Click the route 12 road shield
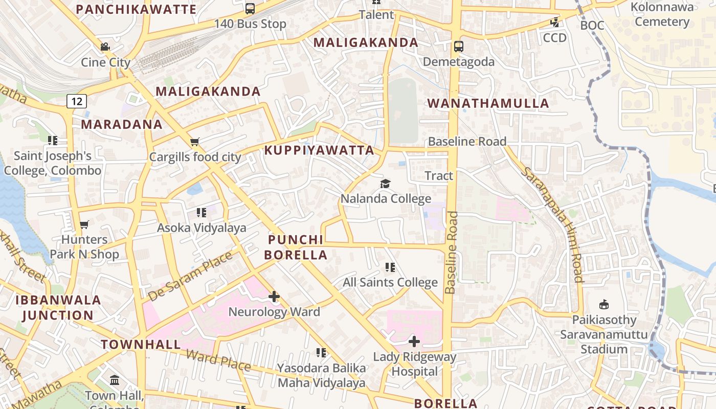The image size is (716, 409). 76,101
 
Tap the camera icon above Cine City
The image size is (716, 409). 105,47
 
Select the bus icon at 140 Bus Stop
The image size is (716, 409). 250,8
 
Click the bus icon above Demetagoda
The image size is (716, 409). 459,47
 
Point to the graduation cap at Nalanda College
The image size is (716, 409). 386,184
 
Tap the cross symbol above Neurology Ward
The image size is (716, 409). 274,297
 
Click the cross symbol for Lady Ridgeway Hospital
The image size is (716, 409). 414,341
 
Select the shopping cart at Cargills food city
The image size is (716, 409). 194,142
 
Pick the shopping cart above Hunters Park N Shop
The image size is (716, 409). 84,224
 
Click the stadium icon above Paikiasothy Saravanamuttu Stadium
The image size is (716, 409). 604,305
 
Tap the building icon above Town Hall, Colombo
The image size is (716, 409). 115,380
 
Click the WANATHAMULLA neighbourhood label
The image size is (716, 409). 488,103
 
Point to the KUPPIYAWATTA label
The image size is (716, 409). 319,150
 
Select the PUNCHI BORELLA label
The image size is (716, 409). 296,247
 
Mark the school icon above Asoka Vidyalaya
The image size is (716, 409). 201,212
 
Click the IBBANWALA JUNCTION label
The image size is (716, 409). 58,307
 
